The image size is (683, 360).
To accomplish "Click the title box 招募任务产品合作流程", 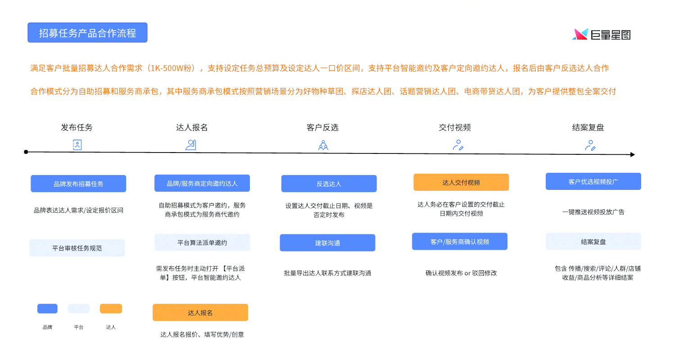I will (87, 33).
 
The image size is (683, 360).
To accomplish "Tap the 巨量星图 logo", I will (601, 35).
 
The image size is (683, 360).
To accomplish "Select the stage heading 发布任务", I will (77, 128).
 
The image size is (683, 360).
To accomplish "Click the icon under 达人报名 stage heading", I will (191, 145).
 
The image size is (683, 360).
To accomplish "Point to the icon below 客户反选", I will (323, 145).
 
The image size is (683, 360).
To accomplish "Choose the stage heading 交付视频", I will (455, 128).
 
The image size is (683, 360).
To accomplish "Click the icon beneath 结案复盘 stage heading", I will (590, 145).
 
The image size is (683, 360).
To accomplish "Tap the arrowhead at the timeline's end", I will (633, 155).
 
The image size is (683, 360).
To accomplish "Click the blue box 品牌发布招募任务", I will (78, 184).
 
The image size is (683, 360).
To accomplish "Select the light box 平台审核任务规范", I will (77, 248).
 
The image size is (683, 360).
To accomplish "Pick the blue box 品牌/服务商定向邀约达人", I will (202, 183).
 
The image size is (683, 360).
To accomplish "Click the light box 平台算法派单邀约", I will (202, 243).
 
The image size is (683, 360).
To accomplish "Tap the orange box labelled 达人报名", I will (200, 312).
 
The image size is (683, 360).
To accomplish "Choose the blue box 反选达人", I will (329, 184).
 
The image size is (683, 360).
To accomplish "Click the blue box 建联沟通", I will (327, 243).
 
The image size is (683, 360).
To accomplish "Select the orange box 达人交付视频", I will (461, 182).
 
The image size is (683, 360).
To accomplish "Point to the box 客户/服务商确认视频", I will (460, 242).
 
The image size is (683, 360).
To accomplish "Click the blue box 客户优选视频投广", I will (593, 181).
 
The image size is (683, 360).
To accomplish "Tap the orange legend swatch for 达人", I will (111, 309).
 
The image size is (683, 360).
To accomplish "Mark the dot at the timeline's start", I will (26, 152).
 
